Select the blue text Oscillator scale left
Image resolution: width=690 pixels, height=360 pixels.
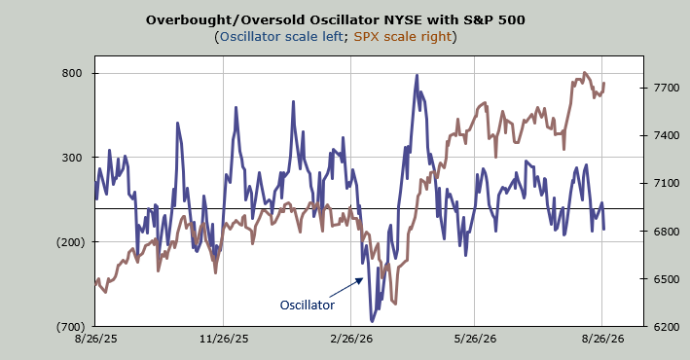(x=281, y=37)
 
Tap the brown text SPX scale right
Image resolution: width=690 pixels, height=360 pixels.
(x=403, y=37)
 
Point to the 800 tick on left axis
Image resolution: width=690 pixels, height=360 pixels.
(x=72, y=74)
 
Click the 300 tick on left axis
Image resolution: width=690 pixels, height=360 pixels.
(x=72, y=158)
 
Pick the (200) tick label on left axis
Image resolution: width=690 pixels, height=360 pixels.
(x=70, y=242)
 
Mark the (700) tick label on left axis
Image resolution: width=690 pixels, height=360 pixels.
(x=70, y=327)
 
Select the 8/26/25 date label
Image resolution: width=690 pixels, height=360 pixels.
(x=95, y=339)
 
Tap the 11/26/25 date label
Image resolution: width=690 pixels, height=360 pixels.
(x=224, y=339)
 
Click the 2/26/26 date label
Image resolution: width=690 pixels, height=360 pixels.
(x=351, y=339)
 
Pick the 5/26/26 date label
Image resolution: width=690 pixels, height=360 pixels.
(x=475, y=339)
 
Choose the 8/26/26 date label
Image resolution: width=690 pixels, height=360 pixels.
(x=602, y=339)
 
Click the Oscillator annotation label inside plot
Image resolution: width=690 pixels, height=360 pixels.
(x=308, y=305)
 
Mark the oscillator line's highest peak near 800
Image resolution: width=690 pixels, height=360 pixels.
(x=417, y=76)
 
